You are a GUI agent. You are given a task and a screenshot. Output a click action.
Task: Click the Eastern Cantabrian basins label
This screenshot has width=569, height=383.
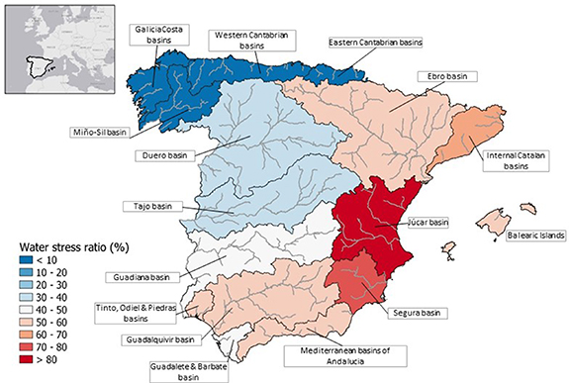tap(380, 44)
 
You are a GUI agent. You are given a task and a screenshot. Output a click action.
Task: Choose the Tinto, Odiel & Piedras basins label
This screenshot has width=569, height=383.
tap(129, 313)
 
